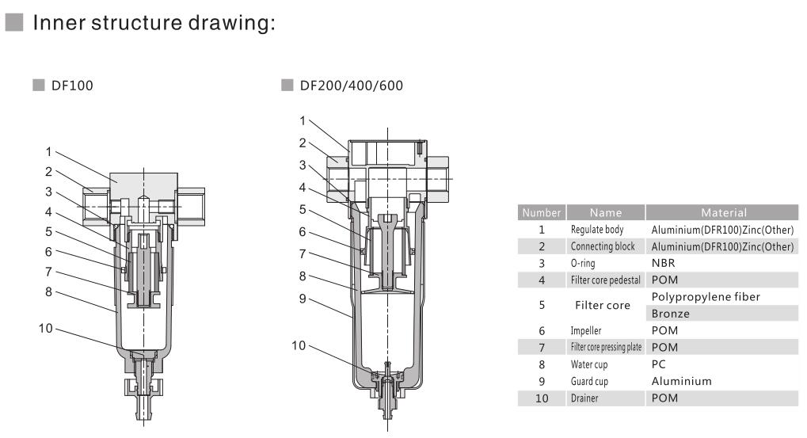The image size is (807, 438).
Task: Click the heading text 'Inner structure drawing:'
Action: click(x=154, y=23)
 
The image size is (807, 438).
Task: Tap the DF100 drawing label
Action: click(x=72, y=86)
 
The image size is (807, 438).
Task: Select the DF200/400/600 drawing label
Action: click(x=351, y=86)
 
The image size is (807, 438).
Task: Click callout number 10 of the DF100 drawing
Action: click(x=45, y=329)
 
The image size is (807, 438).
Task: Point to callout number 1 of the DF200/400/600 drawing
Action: click(x=303, y=121)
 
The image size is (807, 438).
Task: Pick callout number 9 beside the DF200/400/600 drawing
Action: click(x=303, y=299)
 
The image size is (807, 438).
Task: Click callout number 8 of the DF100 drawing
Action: click(x=48, y=291)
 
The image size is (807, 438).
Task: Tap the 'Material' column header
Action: click(x=724, y=212)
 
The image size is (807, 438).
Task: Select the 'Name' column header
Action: click(x=606, y=212)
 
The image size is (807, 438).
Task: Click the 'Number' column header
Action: click(x=542, y=212)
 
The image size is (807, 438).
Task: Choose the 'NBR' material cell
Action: click(x=663, y=263)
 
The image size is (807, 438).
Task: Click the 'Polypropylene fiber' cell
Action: click(x=706, y=297)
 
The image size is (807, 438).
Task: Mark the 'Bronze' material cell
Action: click(x=670, y=314)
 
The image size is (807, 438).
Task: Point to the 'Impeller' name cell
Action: click(x=586, y=330)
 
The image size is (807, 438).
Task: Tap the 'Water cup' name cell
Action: click(x=588, y=364)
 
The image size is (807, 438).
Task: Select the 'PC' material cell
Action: click(x=658, y=364)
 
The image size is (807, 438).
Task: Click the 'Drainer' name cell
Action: click(x=584, y=398)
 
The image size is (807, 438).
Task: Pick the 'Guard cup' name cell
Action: click(x=589, y=382)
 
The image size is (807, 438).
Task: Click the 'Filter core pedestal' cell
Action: click(x=605, y=280)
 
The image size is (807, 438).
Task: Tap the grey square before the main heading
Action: click(x=14, y=22)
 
